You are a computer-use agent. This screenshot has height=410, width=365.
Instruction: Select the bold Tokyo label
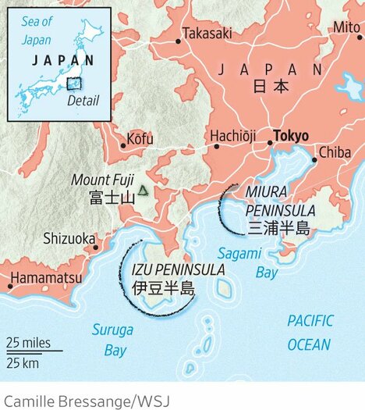[291, 135]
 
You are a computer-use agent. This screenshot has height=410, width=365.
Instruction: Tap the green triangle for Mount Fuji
[143, 190]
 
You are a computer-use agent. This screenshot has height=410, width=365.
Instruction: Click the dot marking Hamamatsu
[10, 287]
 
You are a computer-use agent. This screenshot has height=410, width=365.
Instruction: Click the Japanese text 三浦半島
[278, 228]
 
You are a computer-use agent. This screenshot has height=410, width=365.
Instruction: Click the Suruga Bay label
[110, 340]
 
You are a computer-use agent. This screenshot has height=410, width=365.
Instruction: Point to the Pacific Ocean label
[309, 332]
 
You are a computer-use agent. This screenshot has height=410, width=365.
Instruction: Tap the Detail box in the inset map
[73, 84]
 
